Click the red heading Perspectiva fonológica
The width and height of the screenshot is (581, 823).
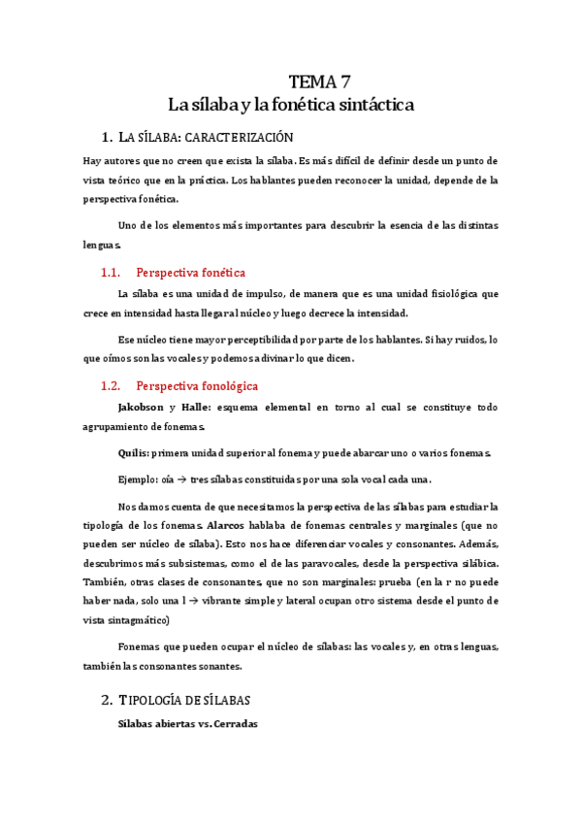coord(198,385)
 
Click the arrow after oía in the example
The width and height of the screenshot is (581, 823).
coord(194,479)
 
